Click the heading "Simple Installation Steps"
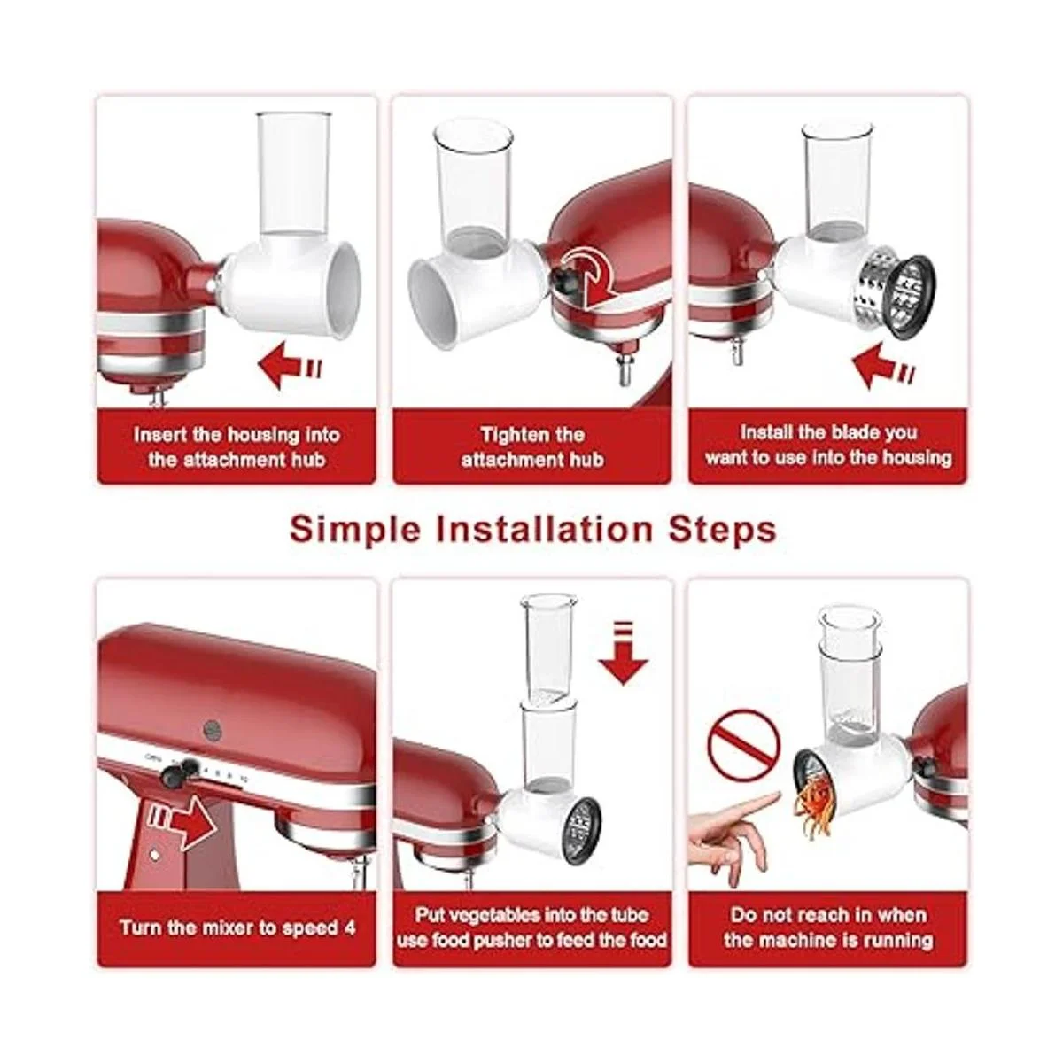tap(532, 529)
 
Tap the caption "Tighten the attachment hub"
tap(532, 446)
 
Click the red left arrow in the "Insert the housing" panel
tap(289, 365)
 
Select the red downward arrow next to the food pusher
tap(623, 654)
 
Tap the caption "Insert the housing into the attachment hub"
tap(237, 446)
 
